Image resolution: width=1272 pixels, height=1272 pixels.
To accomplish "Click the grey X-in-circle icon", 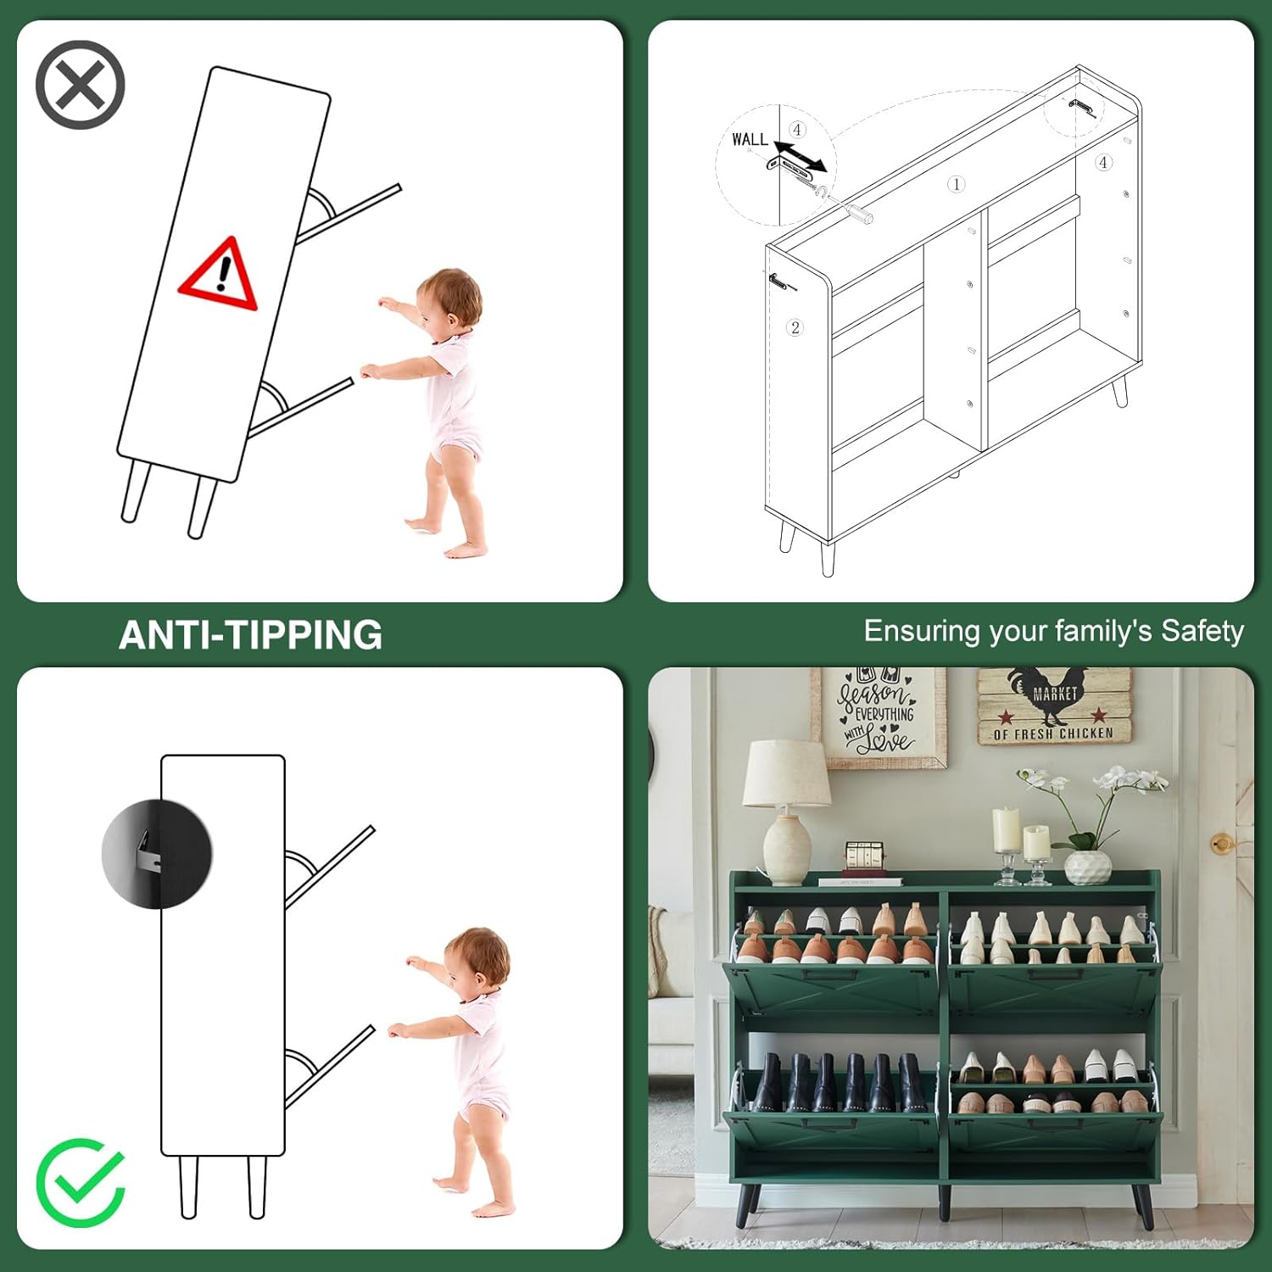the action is [81, 85].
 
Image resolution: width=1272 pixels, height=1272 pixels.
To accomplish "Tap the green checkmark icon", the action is [81, 1182].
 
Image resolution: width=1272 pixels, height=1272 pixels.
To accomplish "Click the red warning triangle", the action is [218, 274].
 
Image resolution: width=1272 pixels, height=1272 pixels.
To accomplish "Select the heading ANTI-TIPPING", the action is [250, 634].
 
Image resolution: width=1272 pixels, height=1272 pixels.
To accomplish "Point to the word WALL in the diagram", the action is [750, 139].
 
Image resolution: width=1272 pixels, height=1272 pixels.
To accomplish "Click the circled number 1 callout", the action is [956, 184].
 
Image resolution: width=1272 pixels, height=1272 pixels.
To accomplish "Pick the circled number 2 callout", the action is [795, 327].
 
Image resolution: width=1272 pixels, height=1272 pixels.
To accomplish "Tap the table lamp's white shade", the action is [787, 773].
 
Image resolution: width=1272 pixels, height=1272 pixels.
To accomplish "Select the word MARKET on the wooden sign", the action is [1055, 694].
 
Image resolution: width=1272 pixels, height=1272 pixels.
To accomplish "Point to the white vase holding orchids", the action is [1088, 868].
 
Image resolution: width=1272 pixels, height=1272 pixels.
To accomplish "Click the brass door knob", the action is [1222, 844].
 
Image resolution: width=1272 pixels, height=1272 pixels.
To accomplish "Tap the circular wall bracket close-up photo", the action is [157, 853].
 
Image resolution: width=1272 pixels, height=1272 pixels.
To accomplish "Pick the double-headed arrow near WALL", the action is [800, 156].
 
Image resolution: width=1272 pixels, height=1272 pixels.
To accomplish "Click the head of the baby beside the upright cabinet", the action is [477, 962].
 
